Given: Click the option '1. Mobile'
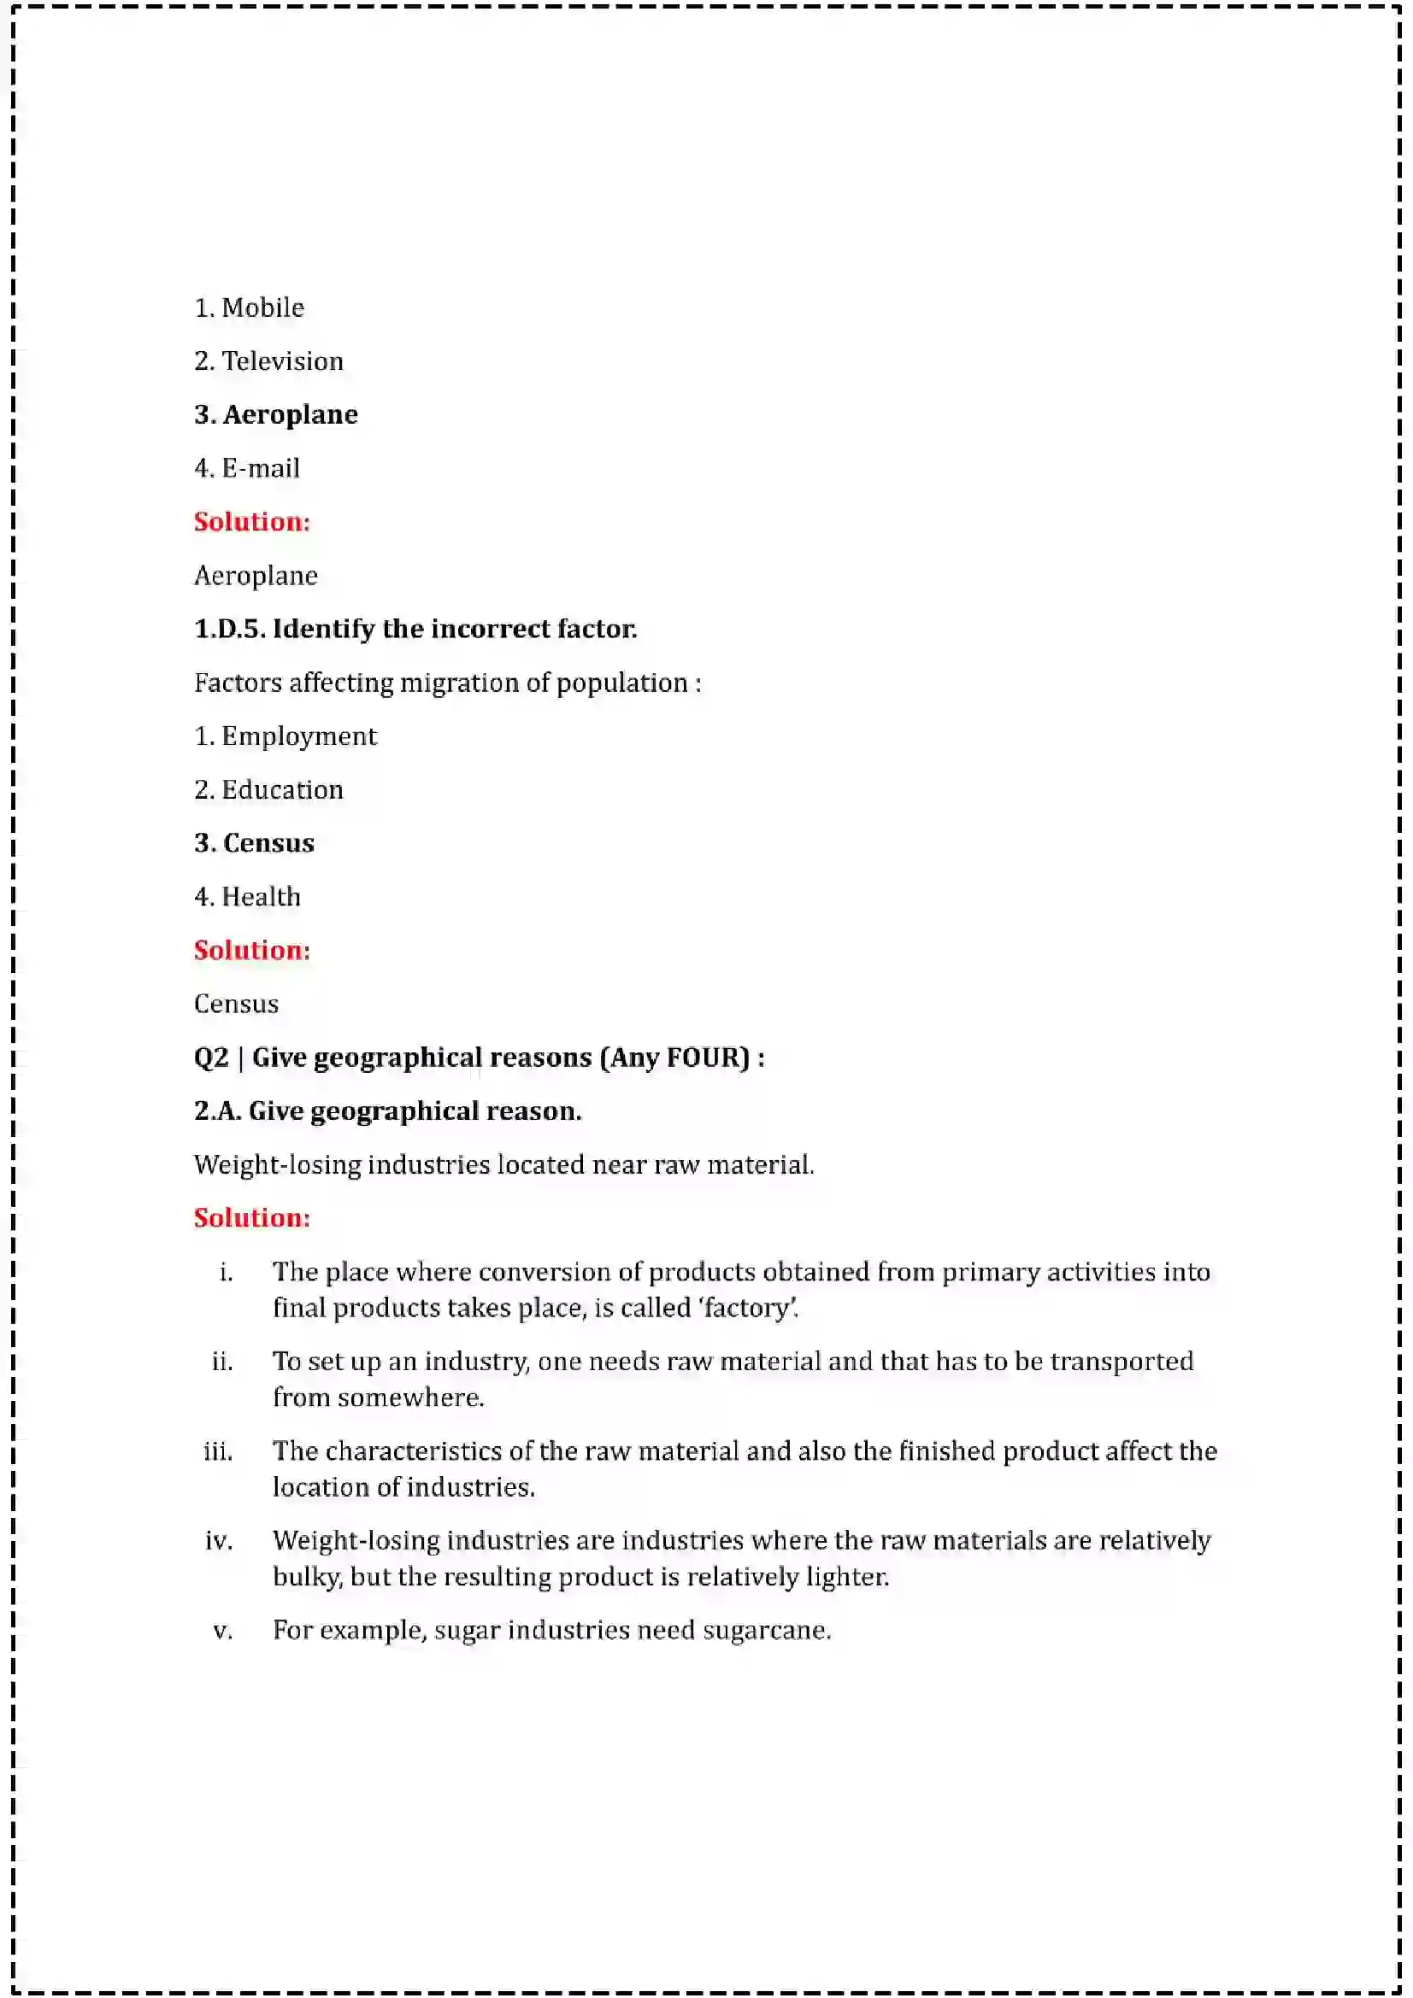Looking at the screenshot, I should [x=249, y=308].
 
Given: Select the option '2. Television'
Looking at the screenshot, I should [x=268, y=361].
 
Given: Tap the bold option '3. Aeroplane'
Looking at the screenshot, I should [x=276, y=415].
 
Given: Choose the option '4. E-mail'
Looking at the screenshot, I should [x=247, y=468].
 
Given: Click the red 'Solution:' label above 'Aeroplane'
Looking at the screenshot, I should [x=251, y=522].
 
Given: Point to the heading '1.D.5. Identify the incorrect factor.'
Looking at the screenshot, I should [x=415, y=630].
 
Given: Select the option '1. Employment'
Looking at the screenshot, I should [x=286, y=736].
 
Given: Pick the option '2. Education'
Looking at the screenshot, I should [x=268, y=790].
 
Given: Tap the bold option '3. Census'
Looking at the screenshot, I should [x=254, y=843].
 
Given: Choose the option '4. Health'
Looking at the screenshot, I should [x=247, y=897].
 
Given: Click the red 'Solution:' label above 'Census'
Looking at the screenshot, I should [x=251, y=950].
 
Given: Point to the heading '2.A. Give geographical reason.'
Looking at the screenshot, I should [x=387, y=1111].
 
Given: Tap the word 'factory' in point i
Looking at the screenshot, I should [x=750, y=1309].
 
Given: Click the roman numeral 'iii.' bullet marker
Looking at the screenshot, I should [x=218, y=1451].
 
